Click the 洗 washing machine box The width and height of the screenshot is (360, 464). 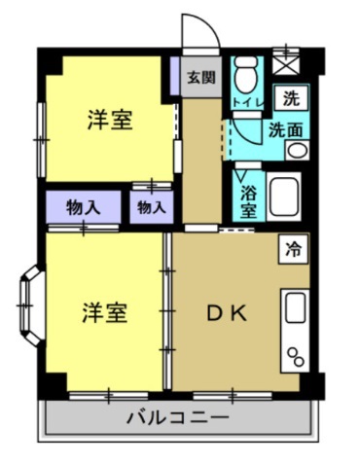(289, 96)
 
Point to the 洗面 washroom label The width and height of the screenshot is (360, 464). (285, 126)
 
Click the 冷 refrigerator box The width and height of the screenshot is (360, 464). (291, 248)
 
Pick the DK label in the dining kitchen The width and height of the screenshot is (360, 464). (230, 313)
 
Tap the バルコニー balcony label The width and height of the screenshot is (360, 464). (177, 418)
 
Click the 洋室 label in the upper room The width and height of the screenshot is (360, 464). (109, 120)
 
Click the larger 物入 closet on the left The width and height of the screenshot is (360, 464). (84, 206)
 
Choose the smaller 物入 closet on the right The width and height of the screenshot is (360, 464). (150, 206)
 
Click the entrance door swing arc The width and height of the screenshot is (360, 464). (195, 31)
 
